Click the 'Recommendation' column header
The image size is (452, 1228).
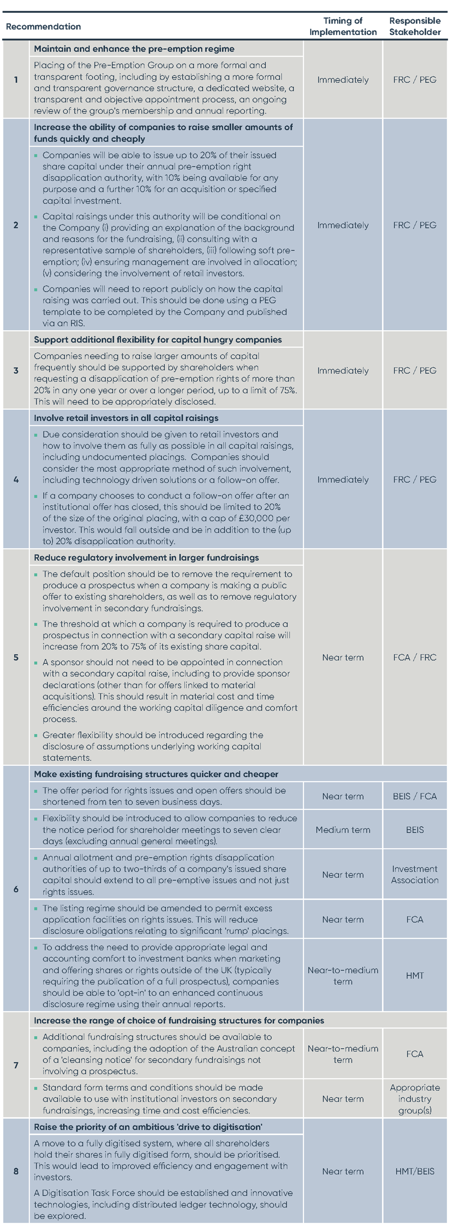click(43, 27)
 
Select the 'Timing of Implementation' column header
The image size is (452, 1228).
click(343, 27)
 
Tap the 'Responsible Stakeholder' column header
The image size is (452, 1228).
click(415, 27)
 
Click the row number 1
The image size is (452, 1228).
click(16, 80)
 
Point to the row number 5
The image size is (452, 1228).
click(16, 657)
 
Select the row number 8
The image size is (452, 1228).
click(16, 1171)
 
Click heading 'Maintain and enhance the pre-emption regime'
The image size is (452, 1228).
click(134, 49)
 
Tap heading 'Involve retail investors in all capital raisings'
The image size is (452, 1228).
click(126, 418)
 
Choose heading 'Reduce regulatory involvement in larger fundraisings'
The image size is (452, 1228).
click(146, 558)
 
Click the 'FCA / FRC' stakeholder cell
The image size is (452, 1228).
click(415, 657)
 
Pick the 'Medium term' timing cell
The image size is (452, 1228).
click(343, 830)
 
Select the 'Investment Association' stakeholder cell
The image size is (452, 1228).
click(415, 875)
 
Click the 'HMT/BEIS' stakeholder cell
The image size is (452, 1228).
click(415, 1171)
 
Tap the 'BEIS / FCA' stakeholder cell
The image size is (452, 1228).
click(415, 797)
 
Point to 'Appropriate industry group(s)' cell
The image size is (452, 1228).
click(415, 1099)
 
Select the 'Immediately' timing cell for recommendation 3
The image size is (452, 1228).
click(343, 370)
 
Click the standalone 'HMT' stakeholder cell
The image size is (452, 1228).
click(415, 976)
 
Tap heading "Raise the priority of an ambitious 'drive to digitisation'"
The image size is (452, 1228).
click(148, 1127)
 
